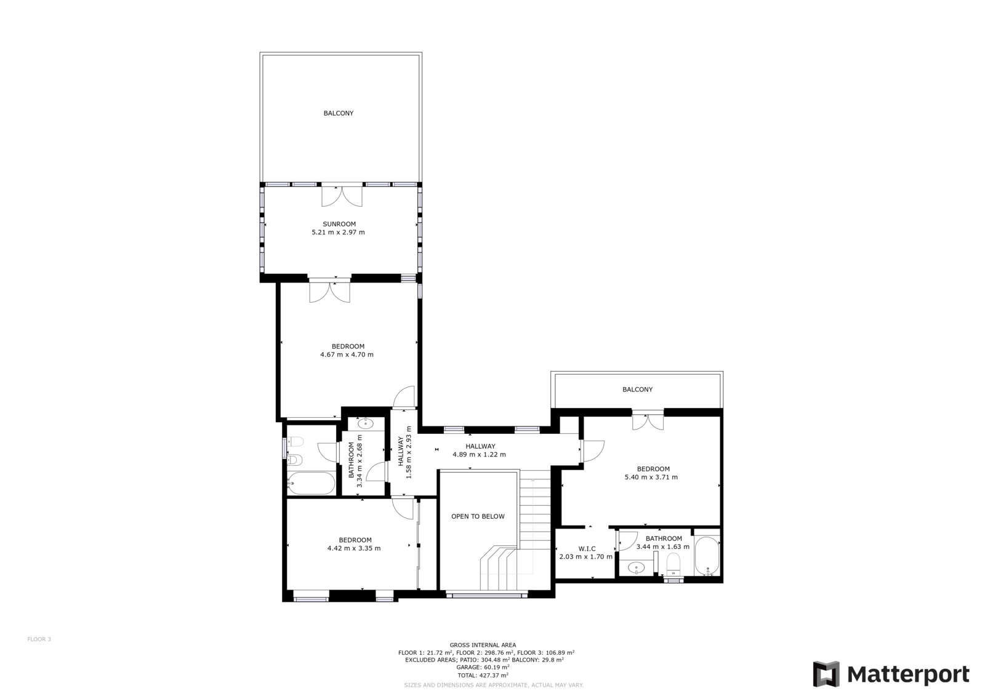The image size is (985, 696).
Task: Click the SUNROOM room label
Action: (339, 224)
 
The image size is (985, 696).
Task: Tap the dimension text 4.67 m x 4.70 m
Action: (347, 354)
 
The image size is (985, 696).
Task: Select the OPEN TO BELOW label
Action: (478, 516)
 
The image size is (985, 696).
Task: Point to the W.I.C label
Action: (587, 549)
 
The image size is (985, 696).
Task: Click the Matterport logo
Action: (891, 674)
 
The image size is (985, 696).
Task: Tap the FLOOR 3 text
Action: (39, 639)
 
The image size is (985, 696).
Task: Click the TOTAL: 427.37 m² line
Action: (483, 675)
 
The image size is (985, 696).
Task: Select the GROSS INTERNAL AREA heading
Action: (483, 646)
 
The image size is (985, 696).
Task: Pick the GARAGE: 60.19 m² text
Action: (483, 667)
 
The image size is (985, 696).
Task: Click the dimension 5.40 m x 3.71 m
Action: (651, 477)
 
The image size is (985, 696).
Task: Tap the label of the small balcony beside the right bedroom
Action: (638, 390)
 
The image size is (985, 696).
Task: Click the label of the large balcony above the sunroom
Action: (339, 113)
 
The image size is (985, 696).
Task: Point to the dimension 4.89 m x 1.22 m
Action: (480, 455)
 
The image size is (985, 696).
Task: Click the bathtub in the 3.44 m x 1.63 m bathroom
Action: (707, 556)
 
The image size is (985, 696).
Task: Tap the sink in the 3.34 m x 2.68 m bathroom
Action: (366, 423)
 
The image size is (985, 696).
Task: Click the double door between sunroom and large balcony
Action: (342, 196)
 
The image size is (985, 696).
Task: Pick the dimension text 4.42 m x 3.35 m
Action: (354, 548)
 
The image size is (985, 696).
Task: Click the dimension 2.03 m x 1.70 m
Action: (585, 557)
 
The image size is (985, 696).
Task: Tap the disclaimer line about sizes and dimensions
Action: (494, 685)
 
